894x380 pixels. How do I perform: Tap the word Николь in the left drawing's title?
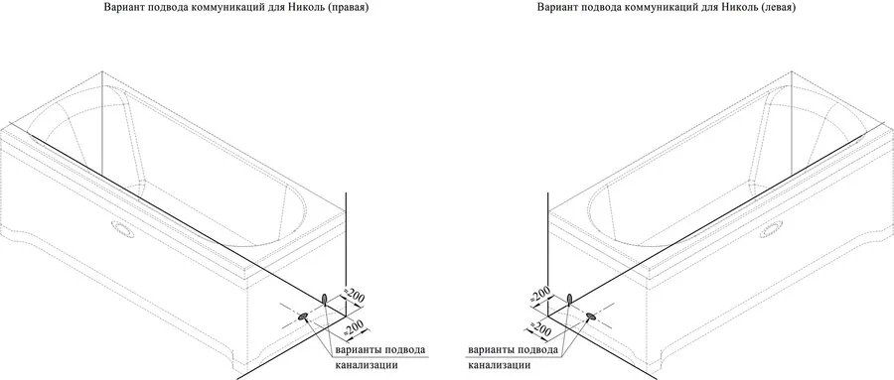tap(314, 8)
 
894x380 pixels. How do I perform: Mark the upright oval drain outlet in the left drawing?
tap(327, 297)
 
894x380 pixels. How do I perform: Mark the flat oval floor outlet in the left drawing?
tap(301, 317)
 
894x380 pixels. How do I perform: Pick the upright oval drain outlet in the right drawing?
tap(568, 297)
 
